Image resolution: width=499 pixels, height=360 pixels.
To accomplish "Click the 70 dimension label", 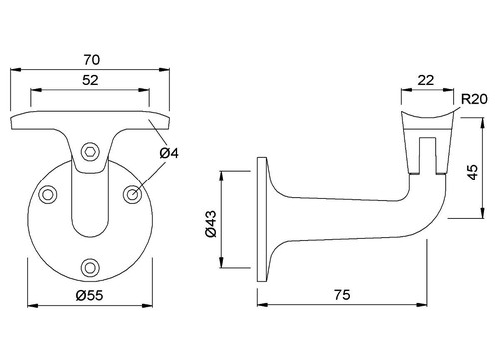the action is tap(92, 60).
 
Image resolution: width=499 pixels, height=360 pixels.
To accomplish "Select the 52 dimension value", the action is tap(90, 80).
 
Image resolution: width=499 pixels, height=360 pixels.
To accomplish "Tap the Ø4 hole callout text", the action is tap(169, 153).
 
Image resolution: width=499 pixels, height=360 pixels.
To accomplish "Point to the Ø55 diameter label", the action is tap(89, 295).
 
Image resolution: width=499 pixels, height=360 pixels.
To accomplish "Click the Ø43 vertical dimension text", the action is tap(211, 224).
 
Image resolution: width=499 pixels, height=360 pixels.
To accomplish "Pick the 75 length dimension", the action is tap(342, 295).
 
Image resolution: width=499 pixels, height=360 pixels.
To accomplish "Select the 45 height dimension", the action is tap(472, 172).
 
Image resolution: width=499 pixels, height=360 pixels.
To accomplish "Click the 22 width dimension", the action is tap(426, 80).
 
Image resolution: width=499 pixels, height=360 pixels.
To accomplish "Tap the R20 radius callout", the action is tap(474, 99).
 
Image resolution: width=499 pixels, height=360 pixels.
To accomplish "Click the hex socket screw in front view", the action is tap(91, 152).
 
